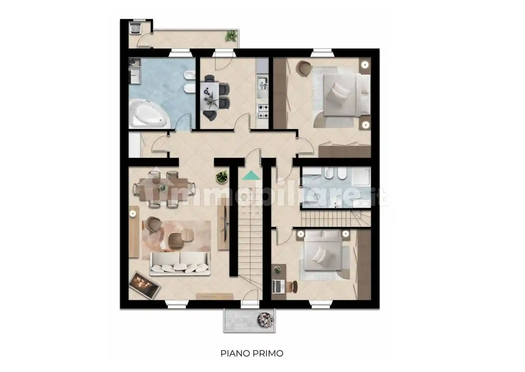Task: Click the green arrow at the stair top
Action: coord(251,175)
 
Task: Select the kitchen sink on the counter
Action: coord(262,87)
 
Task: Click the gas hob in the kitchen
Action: coord(263,112)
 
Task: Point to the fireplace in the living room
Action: coord(144,285)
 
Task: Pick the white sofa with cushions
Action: coord(179,264)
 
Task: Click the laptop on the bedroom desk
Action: coord(278,287)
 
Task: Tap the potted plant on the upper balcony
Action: coord(230,36)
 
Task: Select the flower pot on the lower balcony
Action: coord(265,320)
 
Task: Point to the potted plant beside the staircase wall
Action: coord(221,177)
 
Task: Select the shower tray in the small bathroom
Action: coord(362,176)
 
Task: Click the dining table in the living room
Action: coord(163,190)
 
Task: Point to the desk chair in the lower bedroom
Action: coord(293,287)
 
